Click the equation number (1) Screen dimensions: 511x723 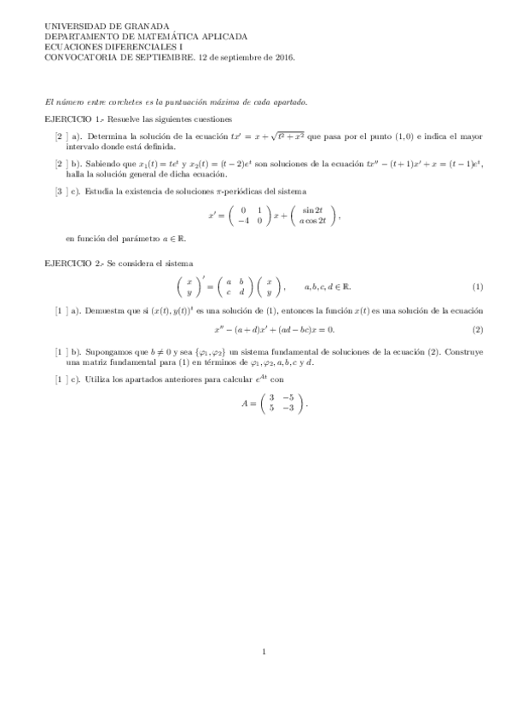coord(478,286)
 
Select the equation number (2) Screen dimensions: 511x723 coord(478,330)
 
